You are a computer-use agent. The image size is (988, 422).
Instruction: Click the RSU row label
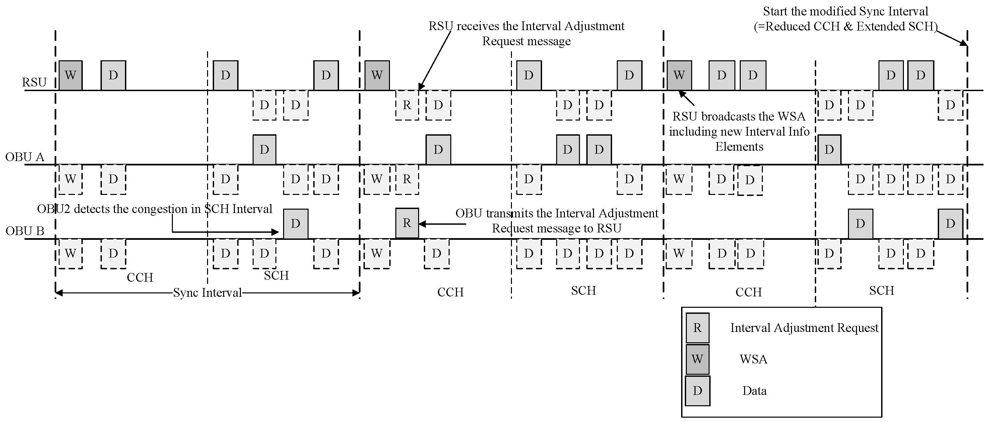[34, 82]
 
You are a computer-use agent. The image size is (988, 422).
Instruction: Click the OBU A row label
[24, 157]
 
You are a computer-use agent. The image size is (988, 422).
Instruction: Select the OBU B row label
[24, 231]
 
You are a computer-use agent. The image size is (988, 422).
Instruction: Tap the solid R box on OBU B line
[407, 223]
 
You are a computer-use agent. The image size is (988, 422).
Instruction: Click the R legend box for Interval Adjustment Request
[697, 328]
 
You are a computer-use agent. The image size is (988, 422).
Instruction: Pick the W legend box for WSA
[697, 359]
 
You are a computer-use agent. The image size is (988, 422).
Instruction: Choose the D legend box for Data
[697, 391]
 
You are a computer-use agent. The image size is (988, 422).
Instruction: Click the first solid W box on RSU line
[71, 75]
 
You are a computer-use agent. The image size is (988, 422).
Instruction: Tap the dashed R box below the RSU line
[407, 105]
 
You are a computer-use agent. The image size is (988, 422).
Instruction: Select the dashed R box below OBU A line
[407, 179]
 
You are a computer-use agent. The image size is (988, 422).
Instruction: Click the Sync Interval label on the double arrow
[207, 293]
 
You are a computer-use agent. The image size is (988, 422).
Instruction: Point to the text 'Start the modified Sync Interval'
[845, 11]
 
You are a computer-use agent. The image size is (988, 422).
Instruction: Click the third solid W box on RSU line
[679, 75]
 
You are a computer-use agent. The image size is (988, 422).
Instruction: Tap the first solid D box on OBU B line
[295, 224]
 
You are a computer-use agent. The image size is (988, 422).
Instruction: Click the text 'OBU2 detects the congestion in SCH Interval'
[154, 209]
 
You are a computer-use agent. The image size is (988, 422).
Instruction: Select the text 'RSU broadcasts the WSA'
[739, 116]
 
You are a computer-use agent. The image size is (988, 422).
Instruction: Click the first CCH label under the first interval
[140, 277]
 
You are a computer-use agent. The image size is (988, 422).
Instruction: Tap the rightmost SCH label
[881, 290]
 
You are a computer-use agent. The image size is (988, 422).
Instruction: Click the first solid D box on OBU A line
[264, 149]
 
